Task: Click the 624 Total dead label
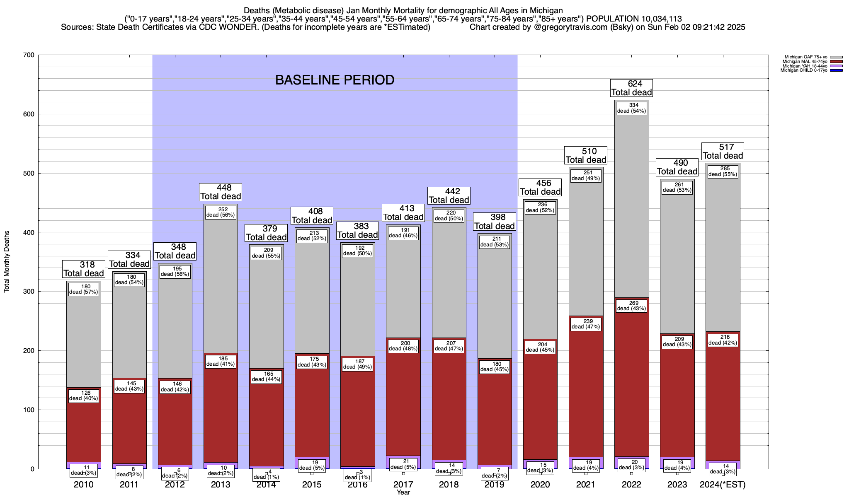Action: (x=631, y=88)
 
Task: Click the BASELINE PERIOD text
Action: (x=335, y=80)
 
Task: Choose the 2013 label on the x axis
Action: (x=221, y=485)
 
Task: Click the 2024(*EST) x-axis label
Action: (x=723, y=485)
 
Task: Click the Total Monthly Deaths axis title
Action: (x=7, y=262)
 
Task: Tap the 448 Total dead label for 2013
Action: (x=221, y=192)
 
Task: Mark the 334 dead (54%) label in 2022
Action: (x=631, y=108)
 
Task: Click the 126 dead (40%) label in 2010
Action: (x=84, y=396)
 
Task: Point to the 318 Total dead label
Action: (x=84, y=269)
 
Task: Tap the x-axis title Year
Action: (x=403, y=492)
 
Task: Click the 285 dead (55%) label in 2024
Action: (x=723, y=171)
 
